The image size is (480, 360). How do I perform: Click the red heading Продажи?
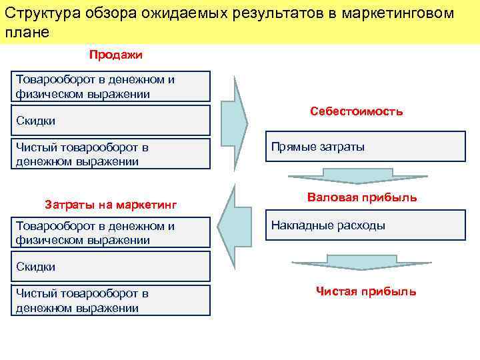[x=116, y=54]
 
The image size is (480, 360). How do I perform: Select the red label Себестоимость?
[x=356, y=111]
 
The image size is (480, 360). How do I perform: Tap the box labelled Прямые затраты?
[x=366, y=147]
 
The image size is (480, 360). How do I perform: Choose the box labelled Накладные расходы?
[x=366, y=225]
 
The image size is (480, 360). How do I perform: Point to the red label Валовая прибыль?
[x=362, y=197]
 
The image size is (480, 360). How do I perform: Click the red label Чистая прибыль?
[x=366, y=291]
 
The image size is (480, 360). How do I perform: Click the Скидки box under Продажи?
[x=111, y=121]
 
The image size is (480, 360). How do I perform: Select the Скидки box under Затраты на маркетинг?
[x=111, y=267]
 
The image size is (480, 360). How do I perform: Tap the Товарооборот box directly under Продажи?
[x=111, y=87]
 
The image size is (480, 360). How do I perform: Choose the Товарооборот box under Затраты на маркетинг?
[x=111, y=233]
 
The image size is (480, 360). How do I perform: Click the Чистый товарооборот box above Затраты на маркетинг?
[x=111, y=154]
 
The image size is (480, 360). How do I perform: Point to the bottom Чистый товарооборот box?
[x=111, y=300]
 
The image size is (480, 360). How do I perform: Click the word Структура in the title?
[x=39, y=13]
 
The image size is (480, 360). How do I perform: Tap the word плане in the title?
[x=27, y=32]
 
